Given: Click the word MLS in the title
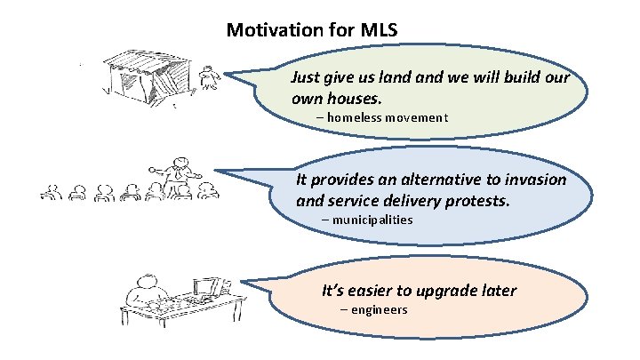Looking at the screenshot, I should [380, 30].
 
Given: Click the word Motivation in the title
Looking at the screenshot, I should [276, 30].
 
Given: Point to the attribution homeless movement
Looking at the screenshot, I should [388, 117].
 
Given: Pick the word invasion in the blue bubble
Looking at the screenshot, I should [535, 180].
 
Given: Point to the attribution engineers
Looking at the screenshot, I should [378, 310].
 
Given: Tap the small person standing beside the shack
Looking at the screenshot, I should [210, 78].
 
